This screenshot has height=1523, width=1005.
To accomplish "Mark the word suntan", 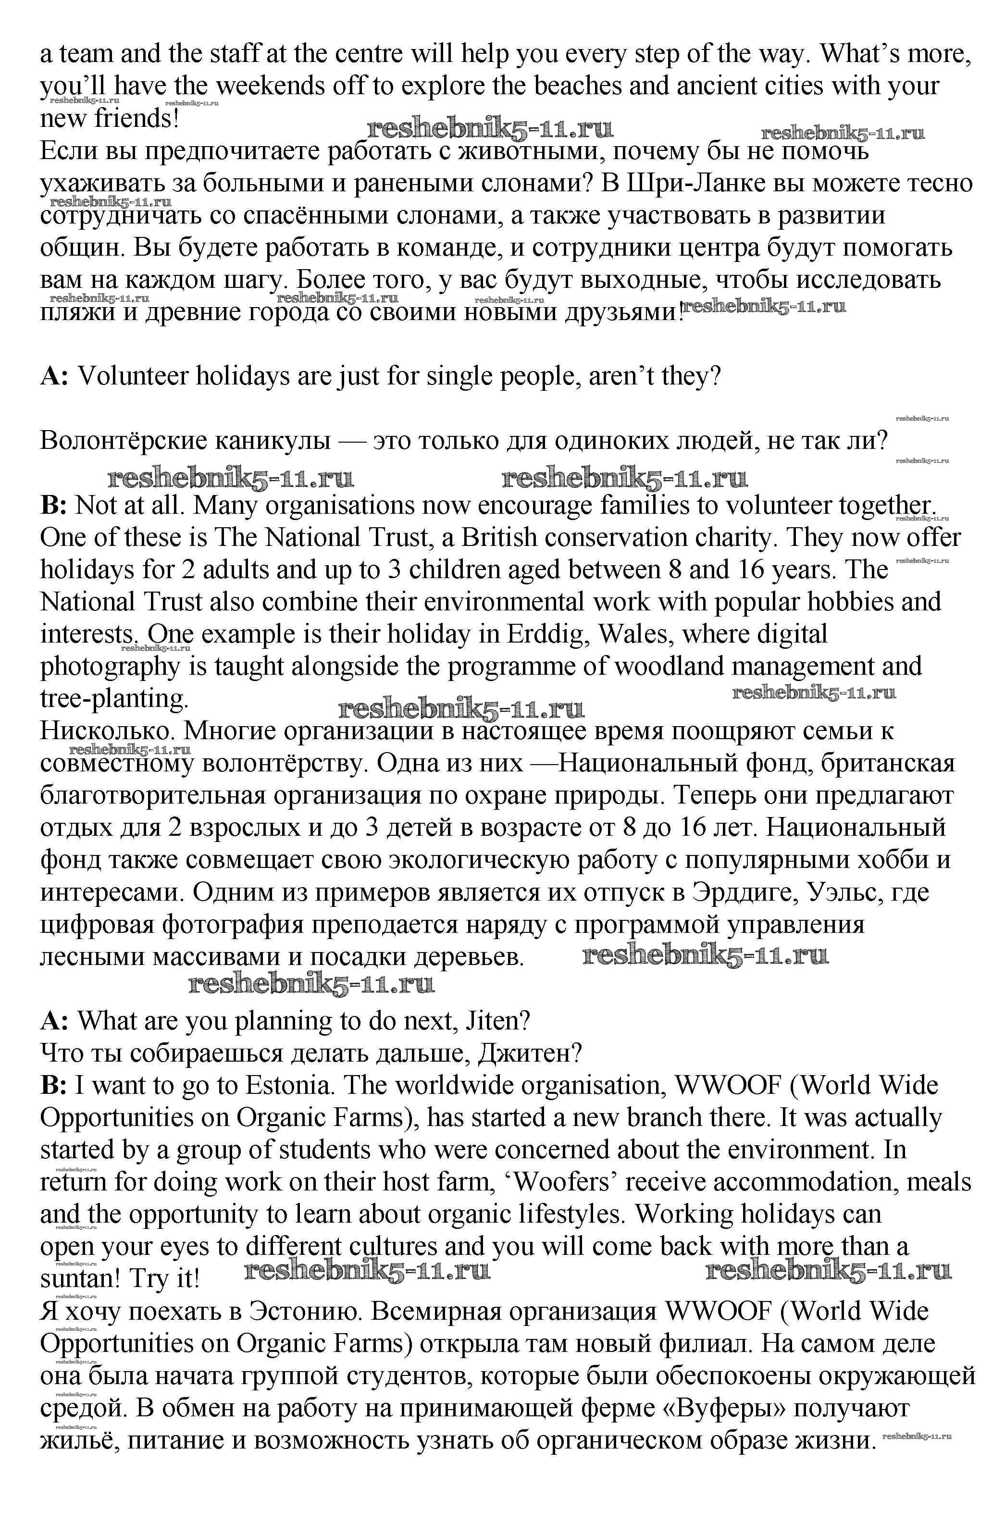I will click(80, 1279).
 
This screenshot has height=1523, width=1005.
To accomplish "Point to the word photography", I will click(110, 667).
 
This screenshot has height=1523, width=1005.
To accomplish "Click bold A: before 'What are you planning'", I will click(54, 1021).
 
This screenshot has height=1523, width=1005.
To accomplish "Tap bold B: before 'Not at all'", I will click(54, 506).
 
